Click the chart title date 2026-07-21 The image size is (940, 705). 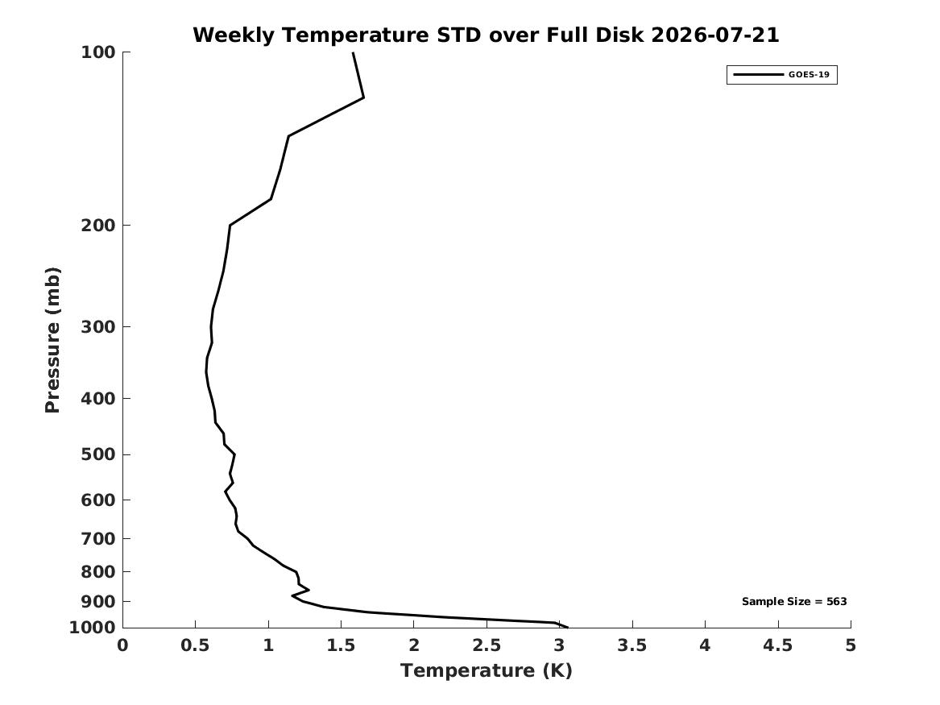(x=714, y=35)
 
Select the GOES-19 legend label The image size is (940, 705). (x=809, y=74)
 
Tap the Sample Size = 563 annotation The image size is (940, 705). (x=794, y=601)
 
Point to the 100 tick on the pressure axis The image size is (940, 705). (x=97, y=52)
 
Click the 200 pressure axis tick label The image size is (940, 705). (x=97, y=226)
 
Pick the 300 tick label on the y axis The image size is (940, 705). (x=97, y=327)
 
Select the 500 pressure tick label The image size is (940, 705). (x=97, y=454)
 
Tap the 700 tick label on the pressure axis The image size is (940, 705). (x=97, y=539)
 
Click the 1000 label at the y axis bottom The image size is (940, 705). (x=93, y=628)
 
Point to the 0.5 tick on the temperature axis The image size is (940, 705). (x=196, y=645)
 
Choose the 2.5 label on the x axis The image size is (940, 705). (x=487, y=645)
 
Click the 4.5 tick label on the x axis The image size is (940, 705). (x=778, y=645)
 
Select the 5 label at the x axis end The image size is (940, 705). (x=851, y=645)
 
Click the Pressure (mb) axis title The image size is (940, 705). (x=52, y=340)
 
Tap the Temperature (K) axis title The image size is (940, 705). (x=487, y=670)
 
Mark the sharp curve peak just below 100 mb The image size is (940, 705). (x=363, y=97)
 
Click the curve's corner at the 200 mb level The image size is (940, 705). (x=230, y=225)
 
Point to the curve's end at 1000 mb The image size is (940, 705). (x=567, y=628)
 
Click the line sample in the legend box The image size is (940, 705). (x=758, y=75)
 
